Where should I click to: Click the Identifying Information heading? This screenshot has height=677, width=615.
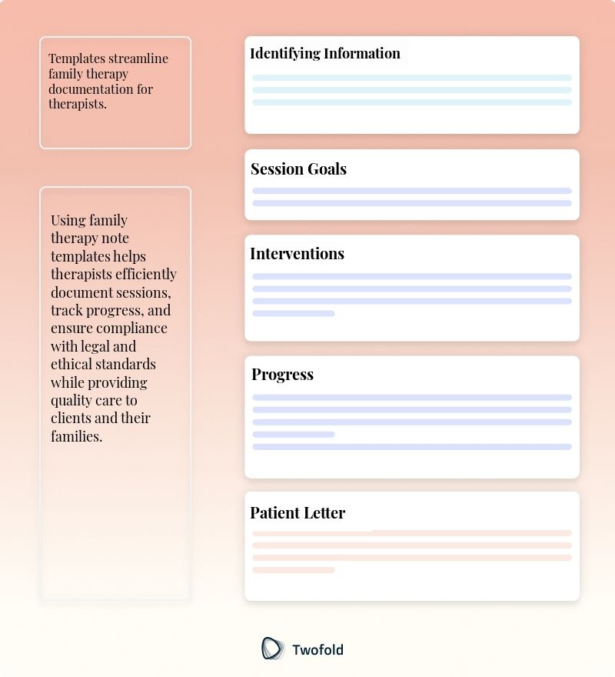(325, 53)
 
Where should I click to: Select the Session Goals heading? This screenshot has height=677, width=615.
(298, 169)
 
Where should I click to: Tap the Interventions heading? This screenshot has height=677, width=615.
(297, 254)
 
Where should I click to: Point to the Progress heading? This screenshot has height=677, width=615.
(282, 375)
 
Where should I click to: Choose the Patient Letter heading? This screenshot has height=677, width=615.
(298, 513)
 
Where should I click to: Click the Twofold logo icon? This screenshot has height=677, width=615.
(272, 649)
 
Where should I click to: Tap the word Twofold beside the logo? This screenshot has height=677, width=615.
(317, 649)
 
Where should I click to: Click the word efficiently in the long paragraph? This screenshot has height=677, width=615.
(146, 274)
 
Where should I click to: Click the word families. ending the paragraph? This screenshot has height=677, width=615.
(76, 436)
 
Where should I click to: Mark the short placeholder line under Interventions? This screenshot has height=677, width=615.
(294, 313)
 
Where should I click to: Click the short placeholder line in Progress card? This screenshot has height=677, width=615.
(294, 435)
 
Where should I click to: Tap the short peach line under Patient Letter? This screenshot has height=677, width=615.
(294, 570)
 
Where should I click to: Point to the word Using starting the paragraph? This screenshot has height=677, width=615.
(68, 220)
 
